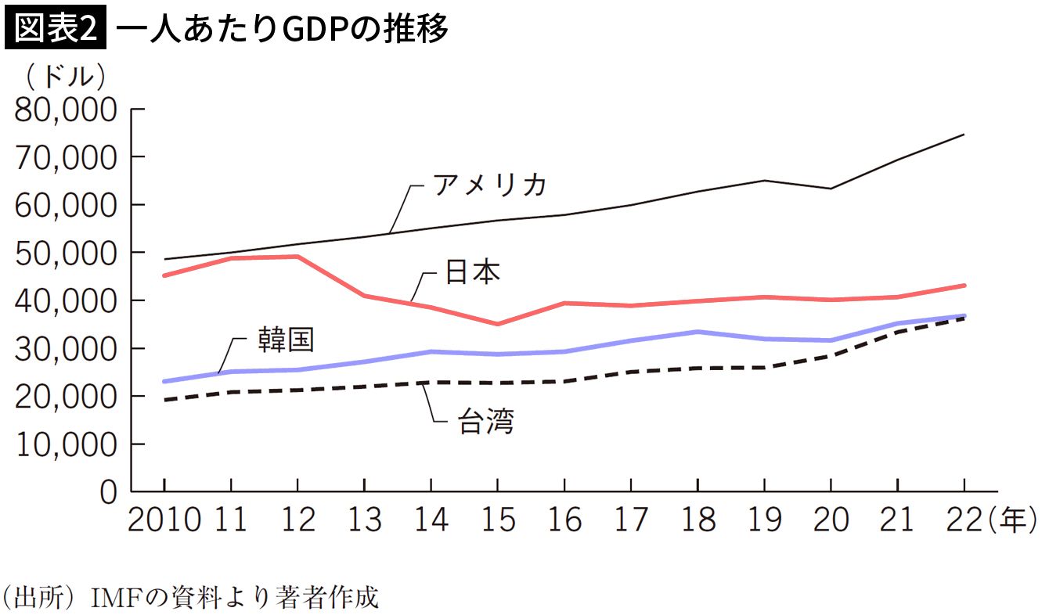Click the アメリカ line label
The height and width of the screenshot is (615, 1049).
click(488, 186)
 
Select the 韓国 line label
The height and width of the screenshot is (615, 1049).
click(286, 339)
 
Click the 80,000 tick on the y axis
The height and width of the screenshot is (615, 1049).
click(65, 110)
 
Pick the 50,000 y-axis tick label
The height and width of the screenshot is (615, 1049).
click(65, 254)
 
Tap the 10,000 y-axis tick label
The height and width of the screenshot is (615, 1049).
click(65, 445)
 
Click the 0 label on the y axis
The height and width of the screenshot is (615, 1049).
click(109, 493)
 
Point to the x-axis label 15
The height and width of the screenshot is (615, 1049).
click(497, 520)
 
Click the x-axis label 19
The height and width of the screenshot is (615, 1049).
click(763, 520)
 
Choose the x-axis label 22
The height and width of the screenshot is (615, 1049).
click(963, 520)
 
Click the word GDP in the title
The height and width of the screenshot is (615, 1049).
click(318, 30)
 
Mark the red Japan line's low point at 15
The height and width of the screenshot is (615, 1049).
click(497, 324)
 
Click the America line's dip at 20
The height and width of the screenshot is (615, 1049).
click(831, 189)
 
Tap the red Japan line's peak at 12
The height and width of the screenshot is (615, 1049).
click(297, 256)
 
